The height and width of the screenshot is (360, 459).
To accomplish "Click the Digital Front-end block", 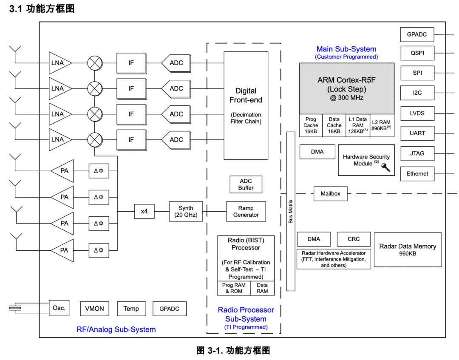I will pos(246,105).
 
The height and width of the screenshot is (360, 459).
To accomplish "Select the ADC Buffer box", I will pos(246,184).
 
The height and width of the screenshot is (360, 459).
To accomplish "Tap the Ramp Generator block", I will pos(246,211).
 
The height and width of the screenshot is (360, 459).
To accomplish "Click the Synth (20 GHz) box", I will pos(186,211).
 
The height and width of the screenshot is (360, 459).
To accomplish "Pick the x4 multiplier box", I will pos(144,211).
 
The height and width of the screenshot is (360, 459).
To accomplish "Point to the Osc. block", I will pos(59,308).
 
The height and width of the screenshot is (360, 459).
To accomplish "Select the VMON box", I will pos(94,309).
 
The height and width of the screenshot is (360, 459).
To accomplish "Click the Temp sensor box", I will pos(131,309).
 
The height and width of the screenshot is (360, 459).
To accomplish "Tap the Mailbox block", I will pos(330,193).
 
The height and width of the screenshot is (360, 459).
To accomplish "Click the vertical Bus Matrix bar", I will pos(291,211).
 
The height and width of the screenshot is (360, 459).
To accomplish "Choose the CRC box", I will pos(354,239).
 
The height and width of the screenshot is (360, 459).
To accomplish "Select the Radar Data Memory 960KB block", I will pos(408,249).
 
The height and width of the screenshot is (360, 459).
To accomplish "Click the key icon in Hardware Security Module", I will pos(386,167).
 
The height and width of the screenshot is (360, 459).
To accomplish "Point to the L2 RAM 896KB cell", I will pos(381,125).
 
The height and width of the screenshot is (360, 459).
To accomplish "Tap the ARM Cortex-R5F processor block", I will pos(346,88).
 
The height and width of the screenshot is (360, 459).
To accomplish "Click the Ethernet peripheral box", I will pos(417,173).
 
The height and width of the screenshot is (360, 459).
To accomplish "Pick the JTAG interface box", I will pos(417,153).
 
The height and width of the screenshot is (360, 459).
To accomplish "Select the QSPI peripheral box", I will pos(417,53).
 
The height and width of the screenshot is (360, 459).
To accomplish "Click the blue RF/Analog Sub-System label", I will pos(116,329).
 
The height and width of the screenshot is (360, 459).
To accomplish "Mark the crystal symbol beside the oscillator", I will pos(15,308).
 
